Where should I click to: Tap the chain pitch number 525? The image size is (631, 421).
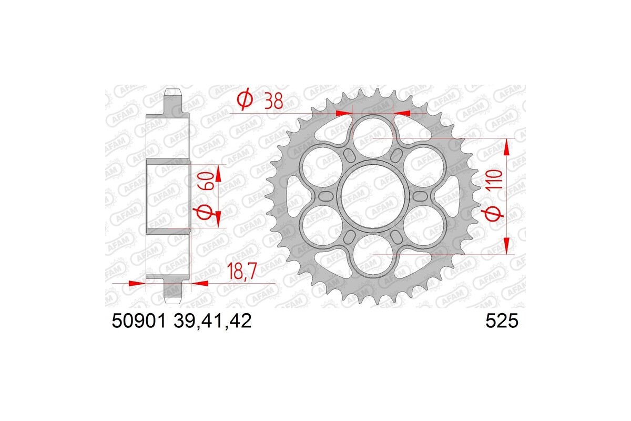tap(503, 321)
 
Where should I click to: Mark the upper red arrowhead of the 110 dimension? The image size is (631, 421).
tap(507, 147)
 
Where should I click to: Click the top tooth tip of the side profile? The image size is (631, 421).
tap(174, 93)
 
